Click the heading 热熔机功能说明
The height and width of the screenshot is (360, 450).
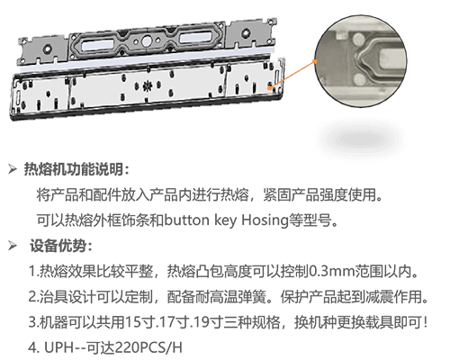(74, 169)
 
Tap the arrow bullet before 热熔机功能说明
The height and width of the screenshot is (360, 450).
(13, 169)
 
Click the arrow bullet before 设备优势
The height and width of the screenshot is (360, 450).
(13, 246)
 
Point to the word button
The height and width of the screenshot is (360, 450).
(187, 220)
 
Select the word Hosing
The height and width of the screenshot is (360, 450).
(265, 220)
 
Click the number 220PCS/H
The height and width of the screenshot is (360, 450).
(148, 347)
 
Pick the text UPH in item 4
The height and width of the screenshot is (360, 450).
(58, 347)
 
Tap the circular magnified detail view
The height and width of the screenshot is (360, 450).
(361, 61)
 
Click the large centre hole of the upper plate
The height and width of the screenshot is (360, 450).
(147, 40)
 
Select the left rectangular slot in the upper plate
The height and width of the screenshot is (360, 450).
(98, 45)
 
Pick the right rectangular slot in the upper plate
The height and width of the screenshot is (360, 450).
(196, 37)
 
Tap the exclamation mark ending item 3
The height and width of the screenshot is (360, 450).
(426, 322)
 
